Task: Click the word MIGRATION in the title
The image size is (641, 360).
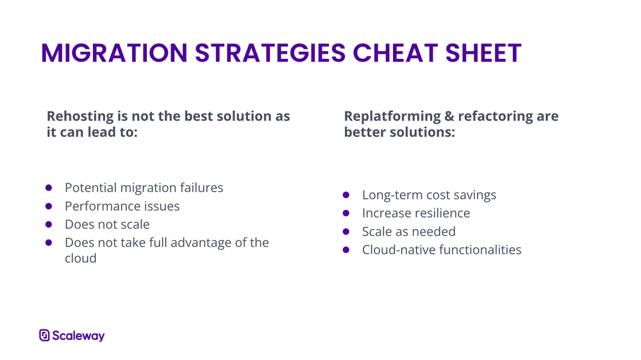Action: click(115, 53)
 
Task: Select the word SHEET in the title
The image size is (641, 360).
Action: click(483, 53)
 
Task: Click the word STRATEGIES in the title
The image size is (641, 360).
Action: click(271, 53)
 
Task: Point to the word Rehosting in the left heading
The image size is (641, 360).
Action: click(80, 117)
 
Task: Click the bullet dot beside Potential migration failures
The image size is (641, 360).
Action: click(49, 188)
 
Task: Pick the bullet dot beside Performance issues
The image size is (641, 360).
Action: click(49, 206)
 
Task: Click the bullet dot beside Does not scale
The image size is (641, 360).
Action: click(49, 224)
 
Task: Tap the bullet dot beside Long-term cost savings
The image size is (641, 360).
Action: click(346, 195)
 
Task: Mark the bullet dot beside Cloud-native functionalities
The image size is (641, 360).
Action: click(346, 250)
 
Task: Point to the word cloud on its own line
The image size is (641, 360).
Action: click(81, 258)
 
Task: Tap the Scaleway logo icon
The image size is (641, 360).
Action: click(45, 336)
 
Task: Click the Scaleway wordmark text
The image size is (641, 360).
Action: click(78, 336)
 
